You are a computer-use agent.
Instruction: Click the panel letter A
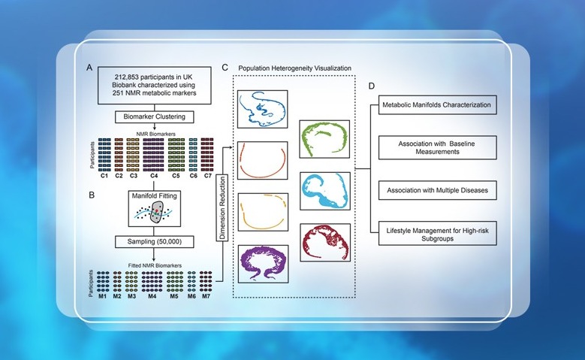click(89, 68)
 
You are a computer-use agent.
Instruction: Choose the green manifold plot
click(325, 141)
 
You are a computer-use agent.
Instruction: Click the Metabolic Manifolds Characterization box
click(436, 105)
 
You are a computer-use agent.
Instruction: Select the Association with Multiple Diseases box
click(436, 190)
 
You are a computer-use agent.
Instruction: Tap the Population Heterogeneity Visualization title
click(294, 68)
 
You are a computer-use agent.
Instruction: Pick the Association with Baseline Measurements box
click(436, 147)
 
